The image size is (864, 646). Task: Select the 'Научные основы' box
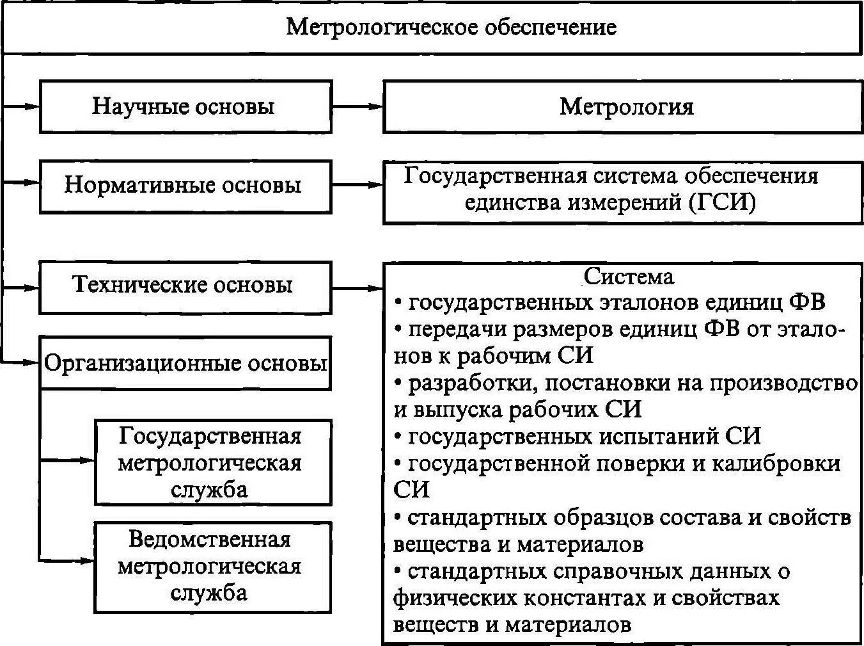click(x=185, y=106)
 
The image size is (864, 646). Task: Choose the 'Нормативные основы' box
click(x=185, y=186)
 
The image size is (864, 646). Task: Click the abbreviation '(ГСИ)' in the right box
click(x=723, y=203)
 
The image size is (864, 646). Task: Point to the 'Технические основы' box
click(x=185, y=285)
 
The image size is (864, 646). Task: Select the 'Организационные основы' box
click(x=185, y=364)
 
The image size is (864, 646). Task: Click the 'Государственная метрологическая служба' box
click(x=212, y=462)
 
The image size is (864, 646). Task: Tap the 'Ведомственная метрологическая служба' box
click(x=212, y=566)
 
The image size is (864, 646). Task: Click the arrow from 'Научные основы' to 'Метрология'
click(x=357, y=106)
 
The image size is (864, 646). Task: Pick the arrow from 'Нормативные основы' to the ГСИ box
click(x=357, y=186)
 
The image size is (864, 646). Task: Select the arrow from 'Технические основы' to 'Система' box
click(x=357, y=288)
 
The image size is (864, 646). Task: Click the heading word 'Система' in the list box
click(x=628, y=276)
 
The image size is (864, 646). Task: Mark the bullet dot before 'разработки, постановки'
click(x=398, y=383)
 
